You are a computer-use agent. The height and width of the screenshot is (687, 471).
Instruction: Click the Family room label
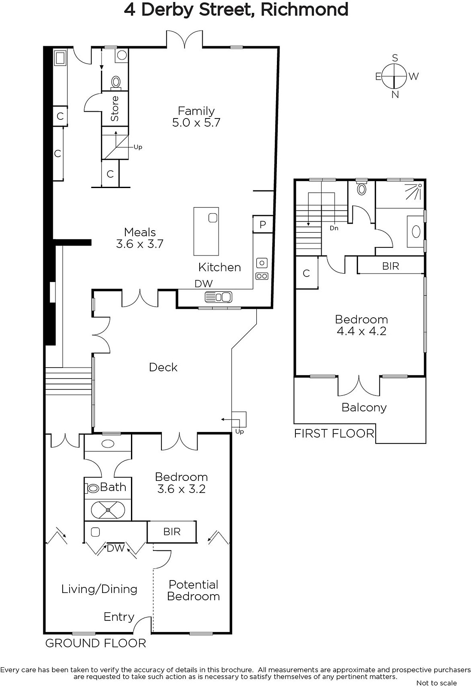coord(196,116)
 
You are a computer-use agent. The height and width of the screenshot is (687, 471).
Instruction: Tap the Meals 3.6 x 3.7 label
coord(140,238)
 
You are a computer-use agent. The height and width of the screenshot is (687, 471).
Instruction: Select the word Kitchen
coord(219,268)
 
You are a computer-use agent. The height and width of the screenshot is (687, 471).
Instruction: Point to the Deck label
coord(163,367)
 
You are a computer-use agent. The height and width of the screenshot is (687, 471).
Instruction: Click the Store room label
coord(114,109)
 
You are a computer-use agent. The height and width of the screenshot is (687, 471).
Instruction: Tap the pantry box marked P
coord(263,225)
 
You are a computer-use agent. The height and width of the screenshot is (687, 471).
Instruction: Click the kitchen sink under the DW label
coord(219,297)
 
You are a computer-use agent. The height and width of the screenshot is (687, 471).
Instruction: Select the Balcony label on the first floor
coord(364,407)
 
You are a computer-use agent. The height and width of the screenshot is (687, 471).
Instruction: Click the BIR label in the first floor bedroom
coord(391,266)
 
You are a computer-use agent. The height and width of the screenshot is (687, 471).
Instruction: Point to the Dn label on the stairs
coord(334,228)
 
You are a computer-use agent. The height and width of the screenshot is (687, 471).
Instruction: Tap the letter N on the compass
coord(395,95)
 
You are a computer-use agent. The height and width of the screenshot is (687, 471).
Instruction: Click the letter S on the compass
coord(395,58)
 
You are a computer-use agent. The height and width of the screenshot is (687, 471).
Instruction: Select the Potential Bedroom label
coord(194,590)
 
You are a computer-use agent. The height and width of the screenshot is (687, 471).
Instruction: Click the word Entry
coord(119,617)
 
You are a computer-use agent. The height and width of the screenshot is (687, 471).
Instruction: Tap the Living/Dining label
coord(99,589)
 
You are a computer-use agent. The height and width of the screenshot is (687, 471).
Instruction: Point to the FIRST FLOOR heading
coord(334,434)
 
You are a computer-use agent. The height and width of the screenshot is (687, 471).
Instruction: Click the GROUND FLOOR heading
coord(96,644)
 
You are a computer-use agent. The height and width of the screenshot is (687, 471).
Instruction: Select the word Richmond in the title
coord(304,9)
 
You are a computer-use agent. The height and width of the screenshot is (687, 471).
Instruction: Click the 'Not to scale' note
coord(437,683)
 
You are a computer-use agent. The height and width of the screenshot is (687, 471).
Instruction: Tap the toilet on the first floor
coord(362,188)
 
